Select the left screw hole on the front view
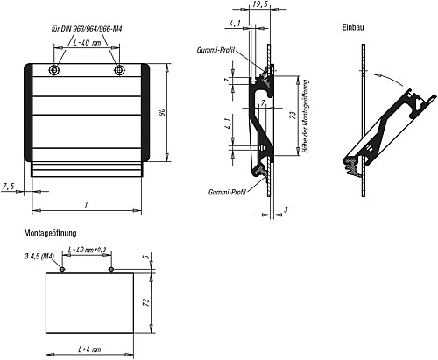coord(55,69)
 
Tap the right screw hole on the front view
coord(120,69)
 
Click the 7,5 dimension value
coord(9,187)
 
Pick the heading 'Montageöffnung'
coord(52,233)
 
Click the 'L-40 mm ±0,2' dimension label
coord(87,251)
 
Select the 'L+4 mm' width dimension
coord(89,349)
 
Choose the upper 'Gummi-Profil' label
coord(214,50)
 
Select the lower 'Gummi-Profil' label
coord(225,192)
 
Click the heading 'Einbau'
coord(353,28)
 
